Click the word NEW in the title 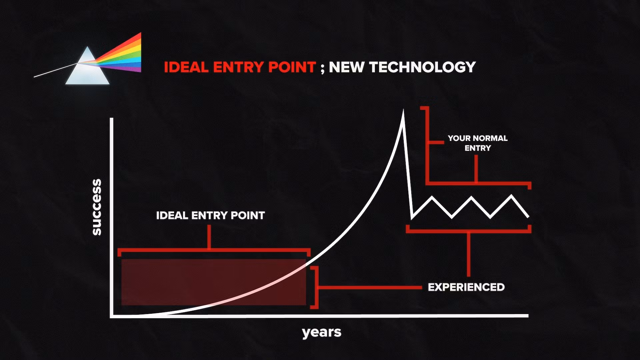click(347, 67)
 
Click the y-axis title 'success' click(96, 207)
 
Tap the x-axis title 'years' click(322, 332)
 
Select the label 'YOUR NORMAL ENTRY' click(478, 143)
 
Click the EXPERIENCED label click(466, 287)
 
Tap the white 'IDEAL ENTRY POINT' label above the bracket click(210, 215)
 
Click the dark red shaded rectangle click(214, 282)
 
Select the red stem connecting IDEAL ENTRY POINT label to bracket click(209, 237)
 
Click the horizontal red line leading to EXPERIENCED click(370, 287)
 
